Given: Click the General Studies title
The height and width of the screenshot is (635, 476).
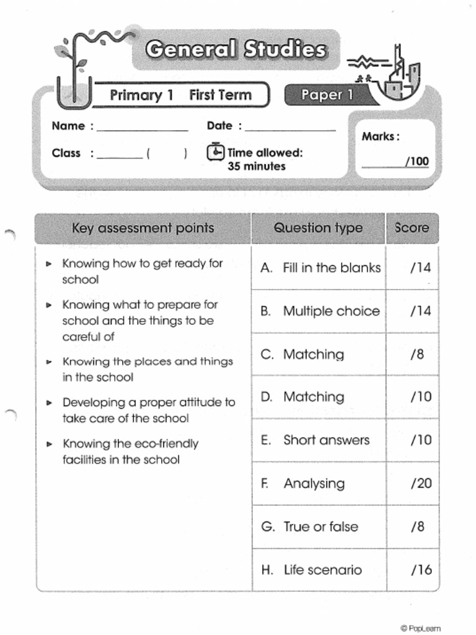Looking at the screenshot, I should pos(236,50).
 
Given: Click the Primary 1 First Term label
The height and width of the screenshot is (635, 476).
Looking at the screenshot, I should pos(180,95).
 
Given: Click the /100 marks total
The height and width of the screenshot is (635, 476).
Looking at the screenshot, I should pos(416,162).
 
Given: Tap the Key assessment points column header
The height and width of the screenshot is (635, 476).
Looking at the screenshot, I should pos(143,228).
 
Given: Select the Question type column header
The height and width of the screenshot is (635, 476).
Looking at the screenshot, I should pos(318,228).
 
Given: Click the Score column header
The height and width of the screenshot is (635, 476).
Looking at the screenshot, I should pos(412,228).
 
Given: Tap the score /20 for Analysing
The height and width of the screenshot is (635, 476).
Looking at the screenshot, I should pos(421,484).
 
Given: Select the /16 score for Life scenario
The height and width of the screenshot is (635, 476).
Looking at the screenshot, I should pos(421,570).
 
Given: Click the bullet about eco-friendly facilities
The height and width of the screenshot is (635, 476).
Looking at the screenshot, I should pos(130,451).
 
